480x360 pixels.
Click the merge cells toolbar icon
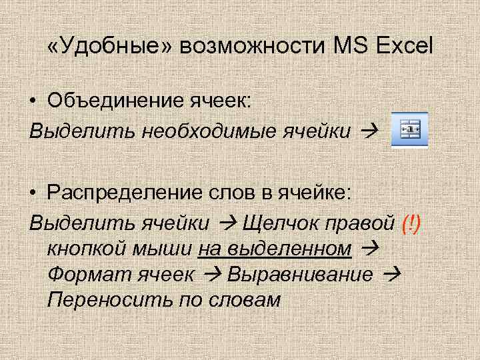pos(409,129)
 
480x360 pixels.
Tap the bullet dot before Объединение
pos(33,101)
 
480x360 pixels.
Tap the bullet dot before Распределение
pos(33,194)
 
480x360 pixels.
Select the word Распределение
pos(121,193)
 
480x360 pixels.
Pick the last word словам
pos(250,300)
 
